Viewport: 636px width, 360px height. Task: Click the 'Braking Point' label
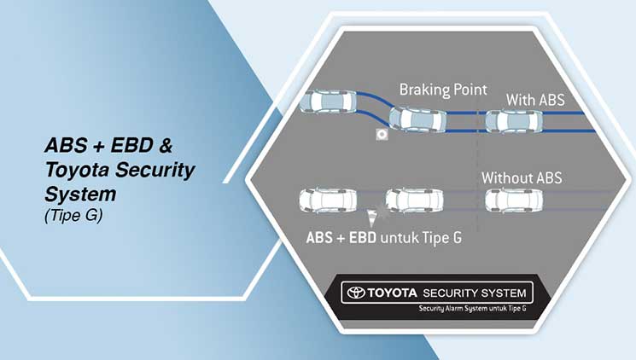pyautogui.click(x=443, y=90)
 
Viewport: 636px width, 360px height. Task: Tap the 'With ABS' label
pyautogui.click(x=535, y=100)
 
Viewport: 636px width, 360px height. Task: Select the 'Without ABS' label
pyautogui.click(x=522, y=178)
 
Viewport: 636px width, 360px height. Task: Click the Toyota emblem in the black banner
pyautogui.click(x=356, y=293)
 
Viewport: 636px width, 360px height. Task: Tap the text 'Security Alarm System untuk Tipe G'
pyautogui.click(x=472, y=309)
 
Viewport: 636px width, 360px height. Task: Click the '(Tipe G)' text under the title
pyautogui.click(x=73, y=215)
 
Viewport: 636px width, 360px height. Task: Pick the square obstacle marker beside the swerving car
pyautogui.click(x=382, y=134)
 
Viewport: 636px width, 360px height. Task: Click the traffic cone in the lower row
pyautogui.click(x=371, y=218)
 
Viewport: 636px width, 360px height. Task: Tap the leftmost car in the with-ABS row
pyautogui.click(x=328, y=102)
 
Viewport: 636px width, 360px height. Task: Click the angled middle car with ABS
pyautogui.click(x=417, y=119)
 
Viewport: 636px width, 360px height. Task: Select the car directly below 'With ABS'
pyautogui.click(x=514, y=121)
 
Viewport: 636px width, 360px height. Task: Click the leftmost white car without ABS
pyautogui.click(x=328, y=200)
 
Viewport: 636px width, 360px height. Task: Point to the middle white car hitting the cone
pyautogui.click(x=414, y=200)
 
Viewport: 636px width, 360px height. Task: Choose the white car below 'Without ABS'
pyautogui.click(x=514, y=200)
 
